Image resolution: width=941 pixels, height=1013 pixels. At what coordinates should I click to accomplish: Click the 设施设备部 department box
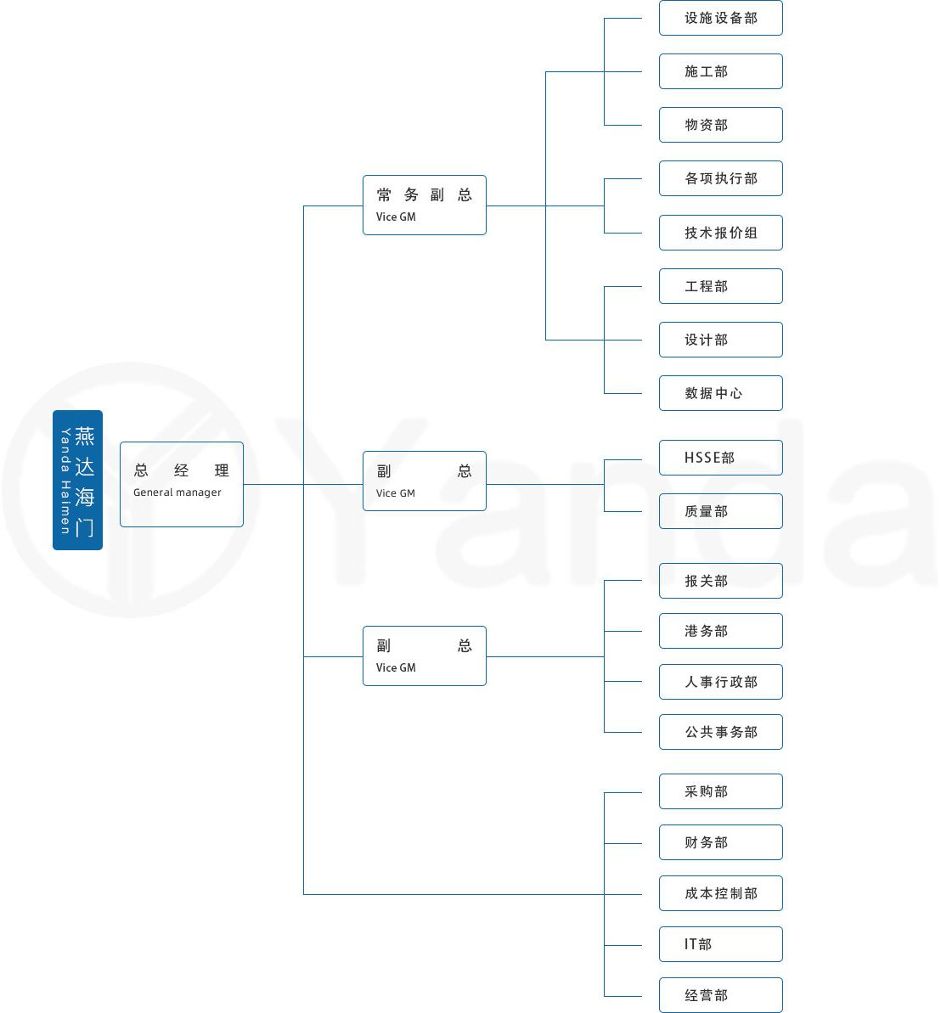[720, 18]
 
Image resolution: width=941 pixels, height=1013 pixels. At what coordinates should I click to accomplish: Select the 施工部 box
[720, 71]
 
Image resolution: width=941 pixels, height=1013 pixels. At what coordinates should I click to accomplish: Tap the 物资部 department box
[720, 125]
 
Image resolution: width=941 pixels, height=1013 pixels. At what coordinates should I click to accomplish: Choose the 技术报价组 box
[720, 233]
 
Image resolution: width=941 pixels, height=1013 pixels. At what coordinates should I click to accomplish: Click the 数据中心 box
[720, 393]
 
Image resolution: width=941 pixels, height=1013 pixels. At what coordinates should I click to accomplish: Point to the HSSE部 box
[720, 458]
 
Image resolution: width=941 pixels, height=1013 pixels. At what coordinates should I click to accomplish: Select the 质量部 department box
[720, 511]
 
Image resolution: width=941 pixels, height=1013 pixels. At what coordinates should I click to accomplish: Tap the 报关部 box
[720, 581]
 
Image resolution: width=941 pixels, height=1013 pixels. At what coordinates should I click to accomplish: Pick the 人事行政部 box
[720, 682]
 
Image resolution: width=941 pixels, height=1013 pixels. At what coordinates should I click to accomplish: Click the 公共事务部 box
[720, 732]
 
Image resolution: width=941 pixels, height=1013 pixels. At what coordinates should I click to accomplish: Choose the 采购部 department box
[720, 791]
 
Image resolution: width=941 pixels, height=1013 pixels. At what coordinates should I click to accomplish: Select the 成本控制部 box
[720, 893]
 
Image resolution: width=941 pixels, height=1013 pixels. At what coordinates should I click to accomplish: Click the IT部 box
[720, 944]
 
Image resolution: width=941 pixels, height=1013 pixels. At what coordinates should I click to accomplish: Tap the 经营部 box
[720, 995]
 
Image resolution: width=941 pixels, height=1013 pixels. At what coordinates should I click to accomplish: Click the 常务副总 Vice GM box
[424, 205]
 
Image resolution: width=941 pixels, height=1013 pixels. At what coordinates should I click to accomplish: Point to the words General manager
[177, 492]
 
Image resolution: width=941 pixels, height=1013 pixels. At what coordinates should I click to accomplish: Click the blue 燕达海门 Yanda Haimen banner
[77, 480]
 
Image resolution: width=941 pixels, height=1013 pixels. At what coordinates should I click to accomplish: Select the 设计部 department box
[720, 340]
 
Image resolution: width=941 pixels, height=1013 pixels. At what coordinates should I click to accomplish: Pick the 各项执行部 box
[720, 178]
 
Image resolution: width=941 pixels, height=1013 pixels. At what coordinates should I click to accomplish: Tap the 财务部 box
[720, 842]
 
